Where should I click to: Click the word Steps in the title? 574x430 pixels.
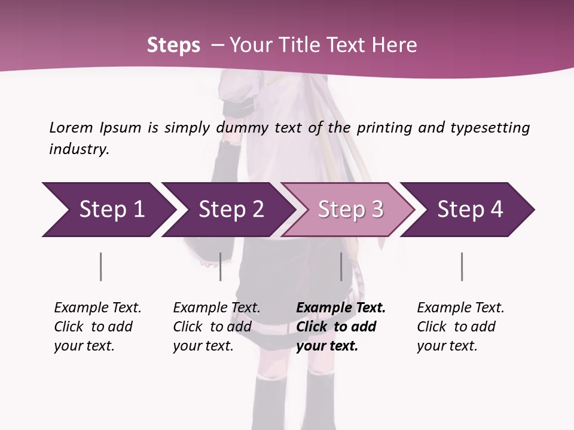point(173,45)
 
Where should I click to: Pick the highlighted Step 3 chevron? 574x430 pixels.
point(350,209)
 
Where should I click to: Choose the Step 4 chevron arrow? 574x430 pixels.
point(470,209)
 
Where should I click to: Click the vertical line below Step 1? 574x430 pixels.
point(101,266)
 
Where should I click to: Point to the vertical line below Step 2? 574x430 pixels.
point(221,266)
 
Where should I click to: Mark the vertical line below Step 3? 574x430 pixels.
point(341,266)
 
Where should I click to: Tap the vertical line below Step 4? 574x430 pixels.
point(462,266)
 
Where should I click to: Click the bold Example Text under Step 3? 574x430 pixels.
point(341,308)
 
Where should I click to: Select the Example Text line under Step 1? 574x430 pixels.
point(97,308)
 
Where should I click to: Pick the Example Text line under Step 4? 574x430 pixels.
point(460,308)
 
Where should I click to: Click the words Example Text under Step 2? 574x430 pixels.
point(216,308)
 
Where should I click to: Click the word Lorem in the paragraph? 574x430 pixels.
point(71,127)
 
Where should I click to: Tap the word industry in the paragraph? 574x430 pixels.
point(78,149)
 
